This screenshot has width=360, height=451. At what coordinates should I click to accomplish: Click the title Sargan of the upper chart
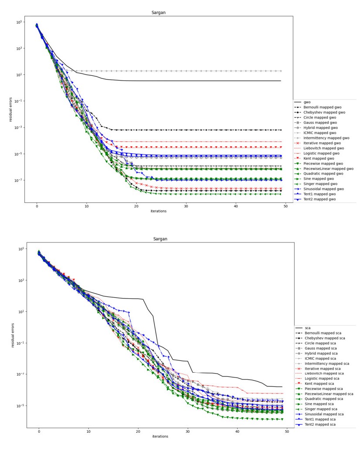coord(158,13)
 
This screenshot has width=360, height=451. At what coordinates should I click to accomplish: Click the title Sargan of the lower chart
coord(160,239)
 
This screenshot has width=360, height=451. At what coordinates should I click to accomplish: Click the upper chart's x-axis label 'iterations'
coord(158,211)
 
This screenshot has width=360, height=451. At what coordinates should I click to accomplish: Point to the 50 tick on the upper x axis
coord(286,206)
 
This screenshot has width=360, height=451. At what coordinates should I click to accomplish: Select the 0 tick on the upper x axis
coord(37,206)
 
